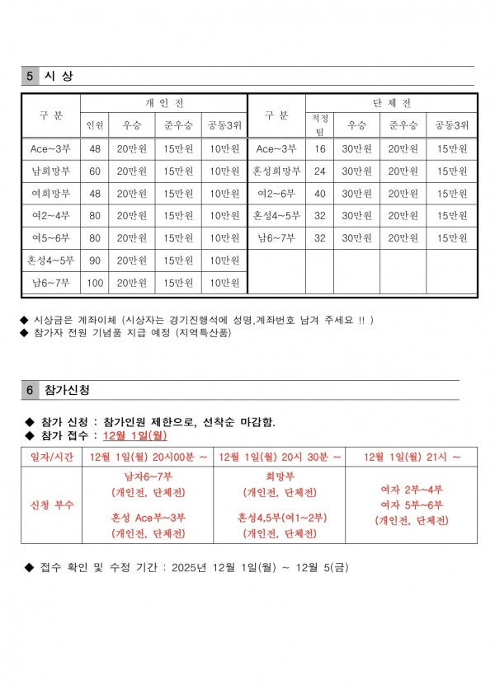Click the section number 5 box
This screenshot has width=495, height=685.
[30, 76]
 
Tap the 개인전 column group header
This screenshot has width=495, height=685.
[163, 103]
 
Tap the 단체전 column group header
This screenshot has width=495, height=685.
[392, 103]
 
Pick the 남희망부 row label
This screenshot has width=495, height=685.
[50, 171]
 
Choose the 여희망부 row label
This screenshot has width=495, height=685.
[50, 194]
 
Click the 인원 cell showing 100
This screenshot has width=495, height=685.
[95, 283]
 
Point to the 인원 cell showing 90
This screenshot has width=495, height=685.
[95, 260]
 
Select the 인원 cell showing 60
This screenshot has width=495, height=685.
[95, 171]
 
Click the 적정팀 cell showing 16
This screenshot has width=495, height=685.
[319, 149]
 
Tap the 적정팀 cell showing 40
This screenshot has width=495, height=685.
[319, 194]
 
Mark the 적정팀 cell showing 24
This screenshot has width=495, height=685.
[319, 171]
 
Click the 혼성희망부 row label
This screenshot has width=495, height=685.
[276, 171]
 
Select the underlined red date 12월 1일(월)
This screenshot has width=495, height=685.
[135, 436]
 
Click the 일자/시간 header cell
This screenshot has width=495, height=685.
[50, 457]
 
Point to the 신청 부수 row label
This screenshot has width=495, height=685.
[50, 504]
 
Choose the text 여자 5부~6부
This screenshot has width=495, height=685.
[412, 504]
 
